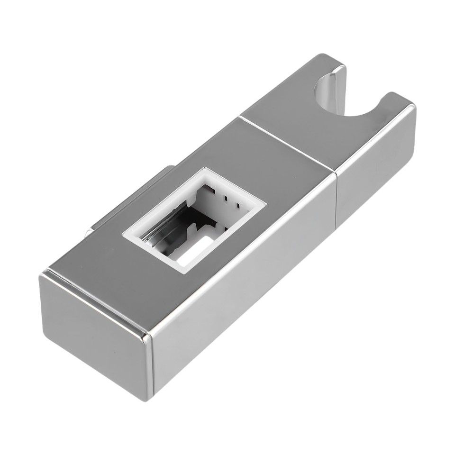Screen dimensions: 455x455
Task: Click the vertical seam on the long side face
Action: click(337, 199)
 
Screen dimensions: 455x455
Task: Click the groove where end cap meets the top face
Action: click(95, 303)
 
